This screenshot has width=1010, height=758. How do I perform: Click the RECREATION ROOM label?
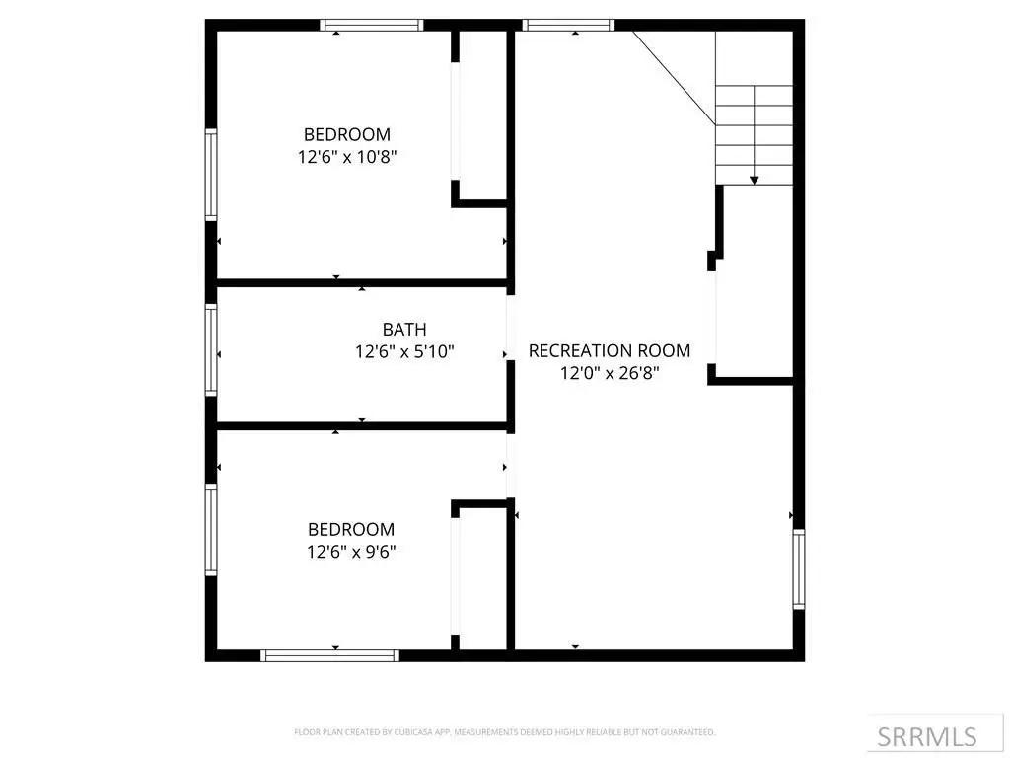coord(610,350)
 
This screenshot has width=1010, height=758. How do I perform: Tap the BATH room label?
coord(404,330)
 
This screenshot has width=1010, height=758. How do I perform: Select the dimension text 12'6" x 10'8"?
coord(347,157)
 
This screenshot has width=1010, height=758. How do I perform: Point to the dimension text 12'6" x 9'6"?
coord(351,552)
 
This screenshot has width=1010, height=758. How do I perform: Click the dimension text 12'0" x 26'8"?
coord(610,373)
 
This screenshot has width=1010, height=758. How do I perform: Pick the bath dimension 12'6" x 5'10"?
coord(404,352)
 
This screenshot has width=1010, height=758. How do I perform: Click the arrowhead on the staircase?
coord(755,181)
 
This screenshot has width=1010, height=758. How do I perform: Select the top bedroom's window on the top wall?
coord(372,25)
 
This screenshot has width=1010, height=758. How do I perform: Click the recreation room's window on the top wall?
coord(568,25)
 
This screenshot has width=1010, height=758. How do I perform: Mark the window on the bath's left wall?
coord(211,349)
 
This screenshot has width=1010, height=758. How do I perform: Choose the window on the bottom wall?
coord(329,655)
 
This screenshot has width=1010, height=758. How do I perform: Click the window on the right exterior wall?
coord(799,569)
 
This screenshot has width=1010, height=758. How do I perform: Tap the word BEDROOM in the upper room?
coord(347,134)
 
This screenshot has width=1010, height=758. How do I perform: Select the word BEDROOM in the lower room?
coord(351,529)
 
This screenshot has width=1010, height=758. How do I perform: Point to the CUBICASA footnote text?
coord(504,732)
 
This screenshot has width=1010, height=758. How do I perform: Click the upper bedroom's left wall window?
coord(211,175)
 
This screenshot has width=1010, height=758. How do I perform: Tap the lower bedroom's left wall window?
coord(211,529)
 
